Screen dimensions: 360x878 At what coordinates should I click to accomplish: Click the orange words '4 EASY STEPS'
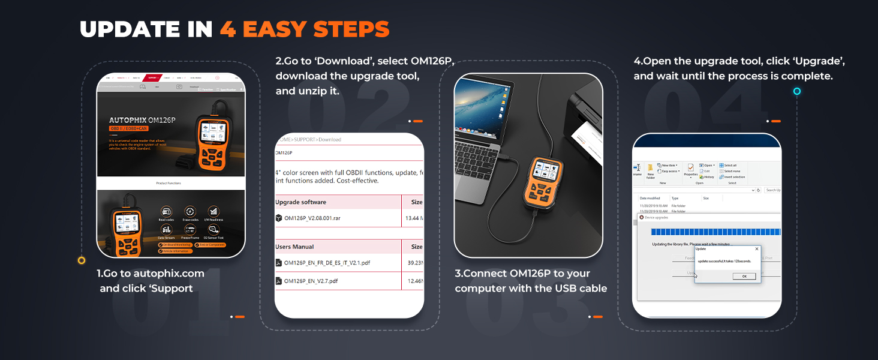pos(304,29)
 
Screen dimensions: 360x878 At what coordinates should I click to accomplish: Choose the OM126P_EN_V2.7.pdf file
pos(311,281)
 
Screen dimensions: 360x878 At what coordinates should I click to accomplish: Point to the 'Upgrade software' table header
pos(300,202)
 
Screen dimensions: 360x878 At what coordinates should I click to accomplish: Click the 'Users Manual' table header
pos(294,247)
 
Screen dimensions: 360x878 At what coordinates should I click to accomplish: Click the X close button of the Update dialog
pos(756,248)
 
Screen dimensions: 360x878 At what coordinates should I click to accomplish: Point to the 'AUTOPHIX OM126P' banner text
pos(142,120)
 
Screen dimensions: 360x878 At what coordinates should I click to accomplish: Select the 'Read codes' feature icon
pos(166,212)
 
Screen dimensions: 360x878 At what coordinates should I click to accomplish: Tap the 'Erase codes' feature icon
pos(190,212)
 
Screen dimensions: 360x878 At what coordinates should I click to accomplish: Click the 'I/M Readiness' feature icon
pos(214,212)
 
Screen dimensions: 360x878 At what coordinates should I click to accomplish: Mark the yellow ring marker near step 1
pos(82,260)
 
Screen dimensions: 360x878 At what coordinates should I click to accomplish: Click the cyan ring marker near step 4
pos(797,91)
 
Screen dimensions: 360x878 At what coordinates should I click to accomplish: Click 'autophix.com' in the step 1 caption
pos(169,274)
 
